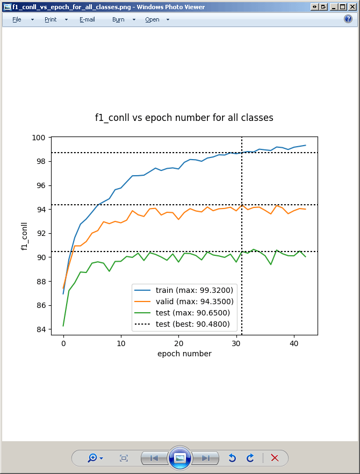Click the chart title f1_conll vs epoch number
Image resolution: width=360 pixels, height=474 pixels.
click(x=184, y=118)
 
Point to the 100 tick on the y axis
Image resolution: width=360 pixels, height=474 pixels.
click(x=40, y=138)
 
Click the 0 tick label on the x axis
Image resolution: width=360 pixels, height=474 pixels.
click(x=63, y=342)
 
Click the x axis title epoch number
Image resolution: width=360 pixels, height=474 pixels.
click(x=184, y=354)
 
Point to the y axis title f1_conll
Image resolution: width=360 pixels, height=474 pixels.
click(x=24, y=236)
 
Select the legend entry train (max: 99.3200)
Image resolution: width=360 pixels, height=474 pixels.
click(x=194, y=290)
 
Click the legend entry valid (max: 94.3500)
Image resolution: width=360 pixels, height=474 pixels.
click(x=194, y=301)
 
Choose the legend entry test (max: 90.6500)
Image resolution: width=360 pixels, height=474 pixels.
click(x=193, y=313)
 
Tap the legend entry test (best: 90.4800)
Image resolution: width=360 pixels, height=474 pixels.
click(x=193, y=324)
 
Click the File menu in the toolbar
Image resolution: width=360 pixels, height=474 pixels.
click(x=17, y=19)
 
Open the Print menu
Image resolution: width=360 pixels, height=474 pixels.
click(x=51, y=19)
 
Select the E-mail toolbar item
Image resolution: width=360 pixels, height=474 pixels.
click(x=87, y=19)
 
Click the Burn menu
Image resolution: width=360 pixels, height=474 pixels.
click(x=118, y=19)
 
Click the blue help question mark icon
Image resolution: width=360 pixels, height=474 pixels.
click(x=348, y=19)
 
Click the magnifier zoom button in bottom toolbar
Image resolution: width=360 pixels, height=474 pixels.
click(x=92, y=458)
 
